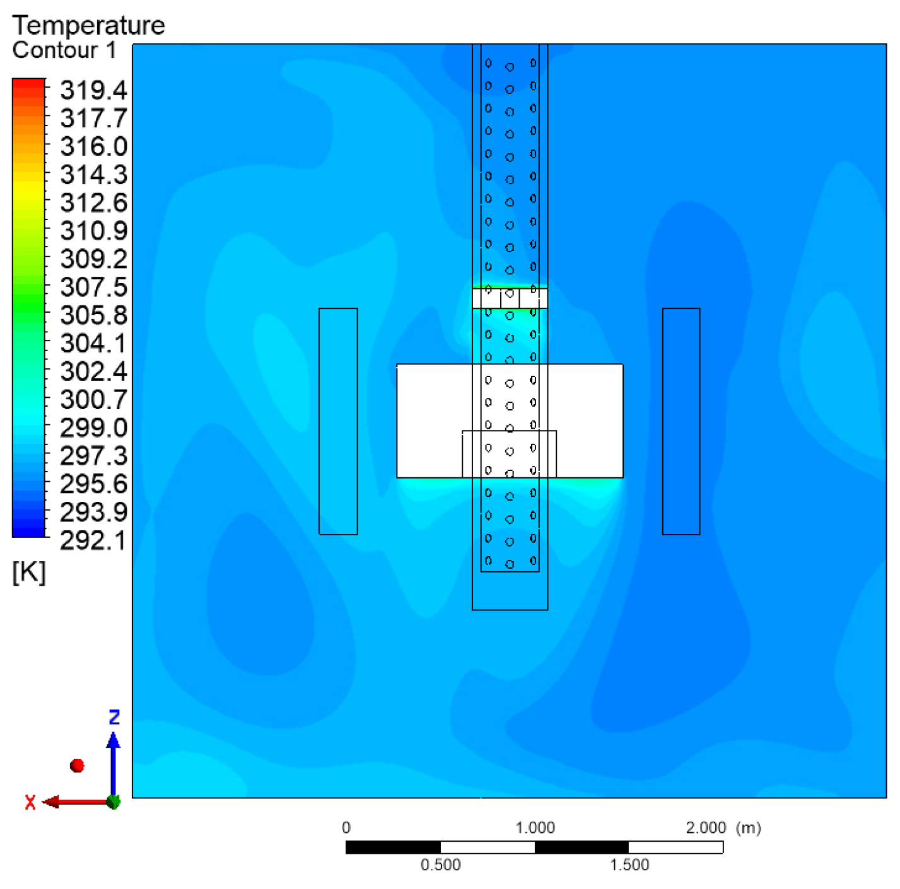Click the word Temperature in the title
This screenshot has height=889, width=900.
[x=89, y=26]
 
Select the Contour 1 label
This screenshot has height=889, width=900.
[x=64, y=50]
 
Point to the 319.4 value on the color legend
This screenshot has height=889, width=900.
[x=93, y=90]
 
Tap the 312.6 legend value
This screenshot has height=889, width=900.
[x=93, y=202]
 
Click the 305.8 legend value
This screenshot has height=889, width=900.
[x=93, y=315]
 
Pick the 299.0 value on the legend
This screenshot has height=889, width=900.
[x=93, y=427]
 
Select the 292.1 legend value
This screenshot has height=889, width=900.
[x=93, y=541]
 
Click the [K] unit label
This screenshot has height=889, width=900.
[x=29, y=572]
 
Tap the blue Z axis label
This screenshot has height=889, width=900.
[x=114, y=717]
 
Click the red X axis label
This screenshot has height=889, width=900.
[x=30, y=803]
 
